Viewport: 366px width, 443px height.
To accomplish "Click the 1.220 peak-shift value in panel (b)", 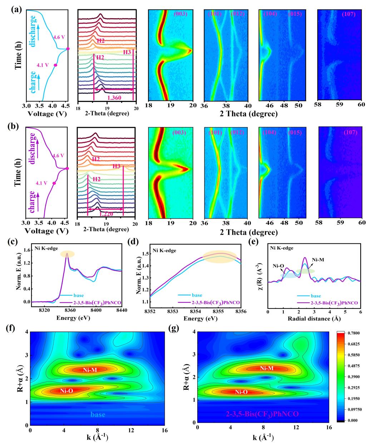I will click(106, 213).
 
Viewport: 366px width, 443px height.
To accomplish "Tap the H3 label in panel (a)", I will click(127, 52).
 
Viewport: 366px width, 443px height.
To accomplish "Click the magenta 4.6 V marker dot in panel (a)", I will click(68, 49).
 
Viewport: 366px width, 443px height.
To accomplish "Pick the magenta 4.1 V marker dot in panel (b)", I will click(54, 183).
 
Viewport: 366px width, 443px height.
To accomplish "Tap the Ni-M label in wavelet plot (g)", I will click(267, 368).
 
